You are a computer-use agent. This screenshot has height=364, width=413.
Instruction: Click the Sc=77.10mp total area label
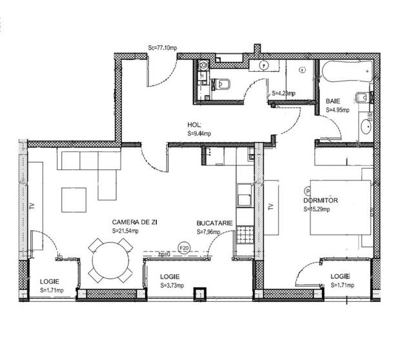click(x=163, y=47)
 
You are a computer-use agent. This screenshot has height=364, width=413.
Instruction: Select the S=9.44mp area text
click(x=199, y=133)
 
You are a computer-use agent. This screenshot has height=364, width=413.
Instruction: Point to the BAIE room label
click(x=333, y=102)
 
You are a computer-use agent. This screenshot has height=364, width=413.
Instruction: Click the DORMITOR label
click(x=320, y=200)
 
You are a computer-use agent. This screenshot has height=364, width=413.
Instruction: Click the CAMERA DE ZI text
click(x=135, y=221)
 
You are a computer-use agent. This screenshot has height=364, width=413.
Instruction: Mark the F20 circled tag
click(x=183, y=247)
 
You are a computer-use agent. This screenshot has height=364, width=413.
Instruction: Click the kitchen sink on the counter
click(x=245, y=196)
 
